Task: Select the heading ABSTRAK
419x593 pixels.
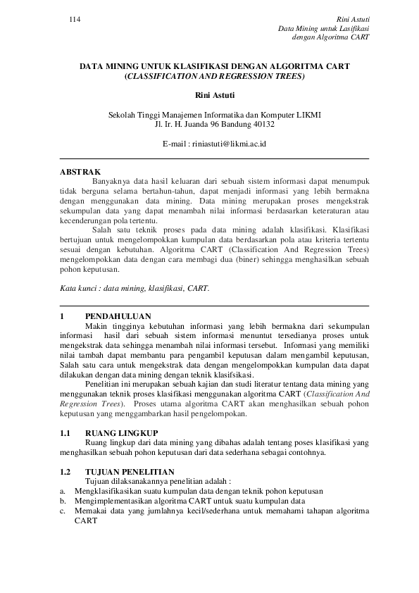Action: click(x=80, y=171)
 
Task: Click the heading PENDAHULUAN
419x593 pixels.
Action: click(x=118, y=316)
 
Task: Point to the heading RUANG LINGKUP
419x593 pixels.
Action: click(x=121, y=432)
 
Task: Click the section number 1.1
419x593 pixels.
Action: click(x=65, y=432)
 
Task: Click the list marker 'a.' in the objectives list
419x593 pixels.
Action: click(x=63, y=490)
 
